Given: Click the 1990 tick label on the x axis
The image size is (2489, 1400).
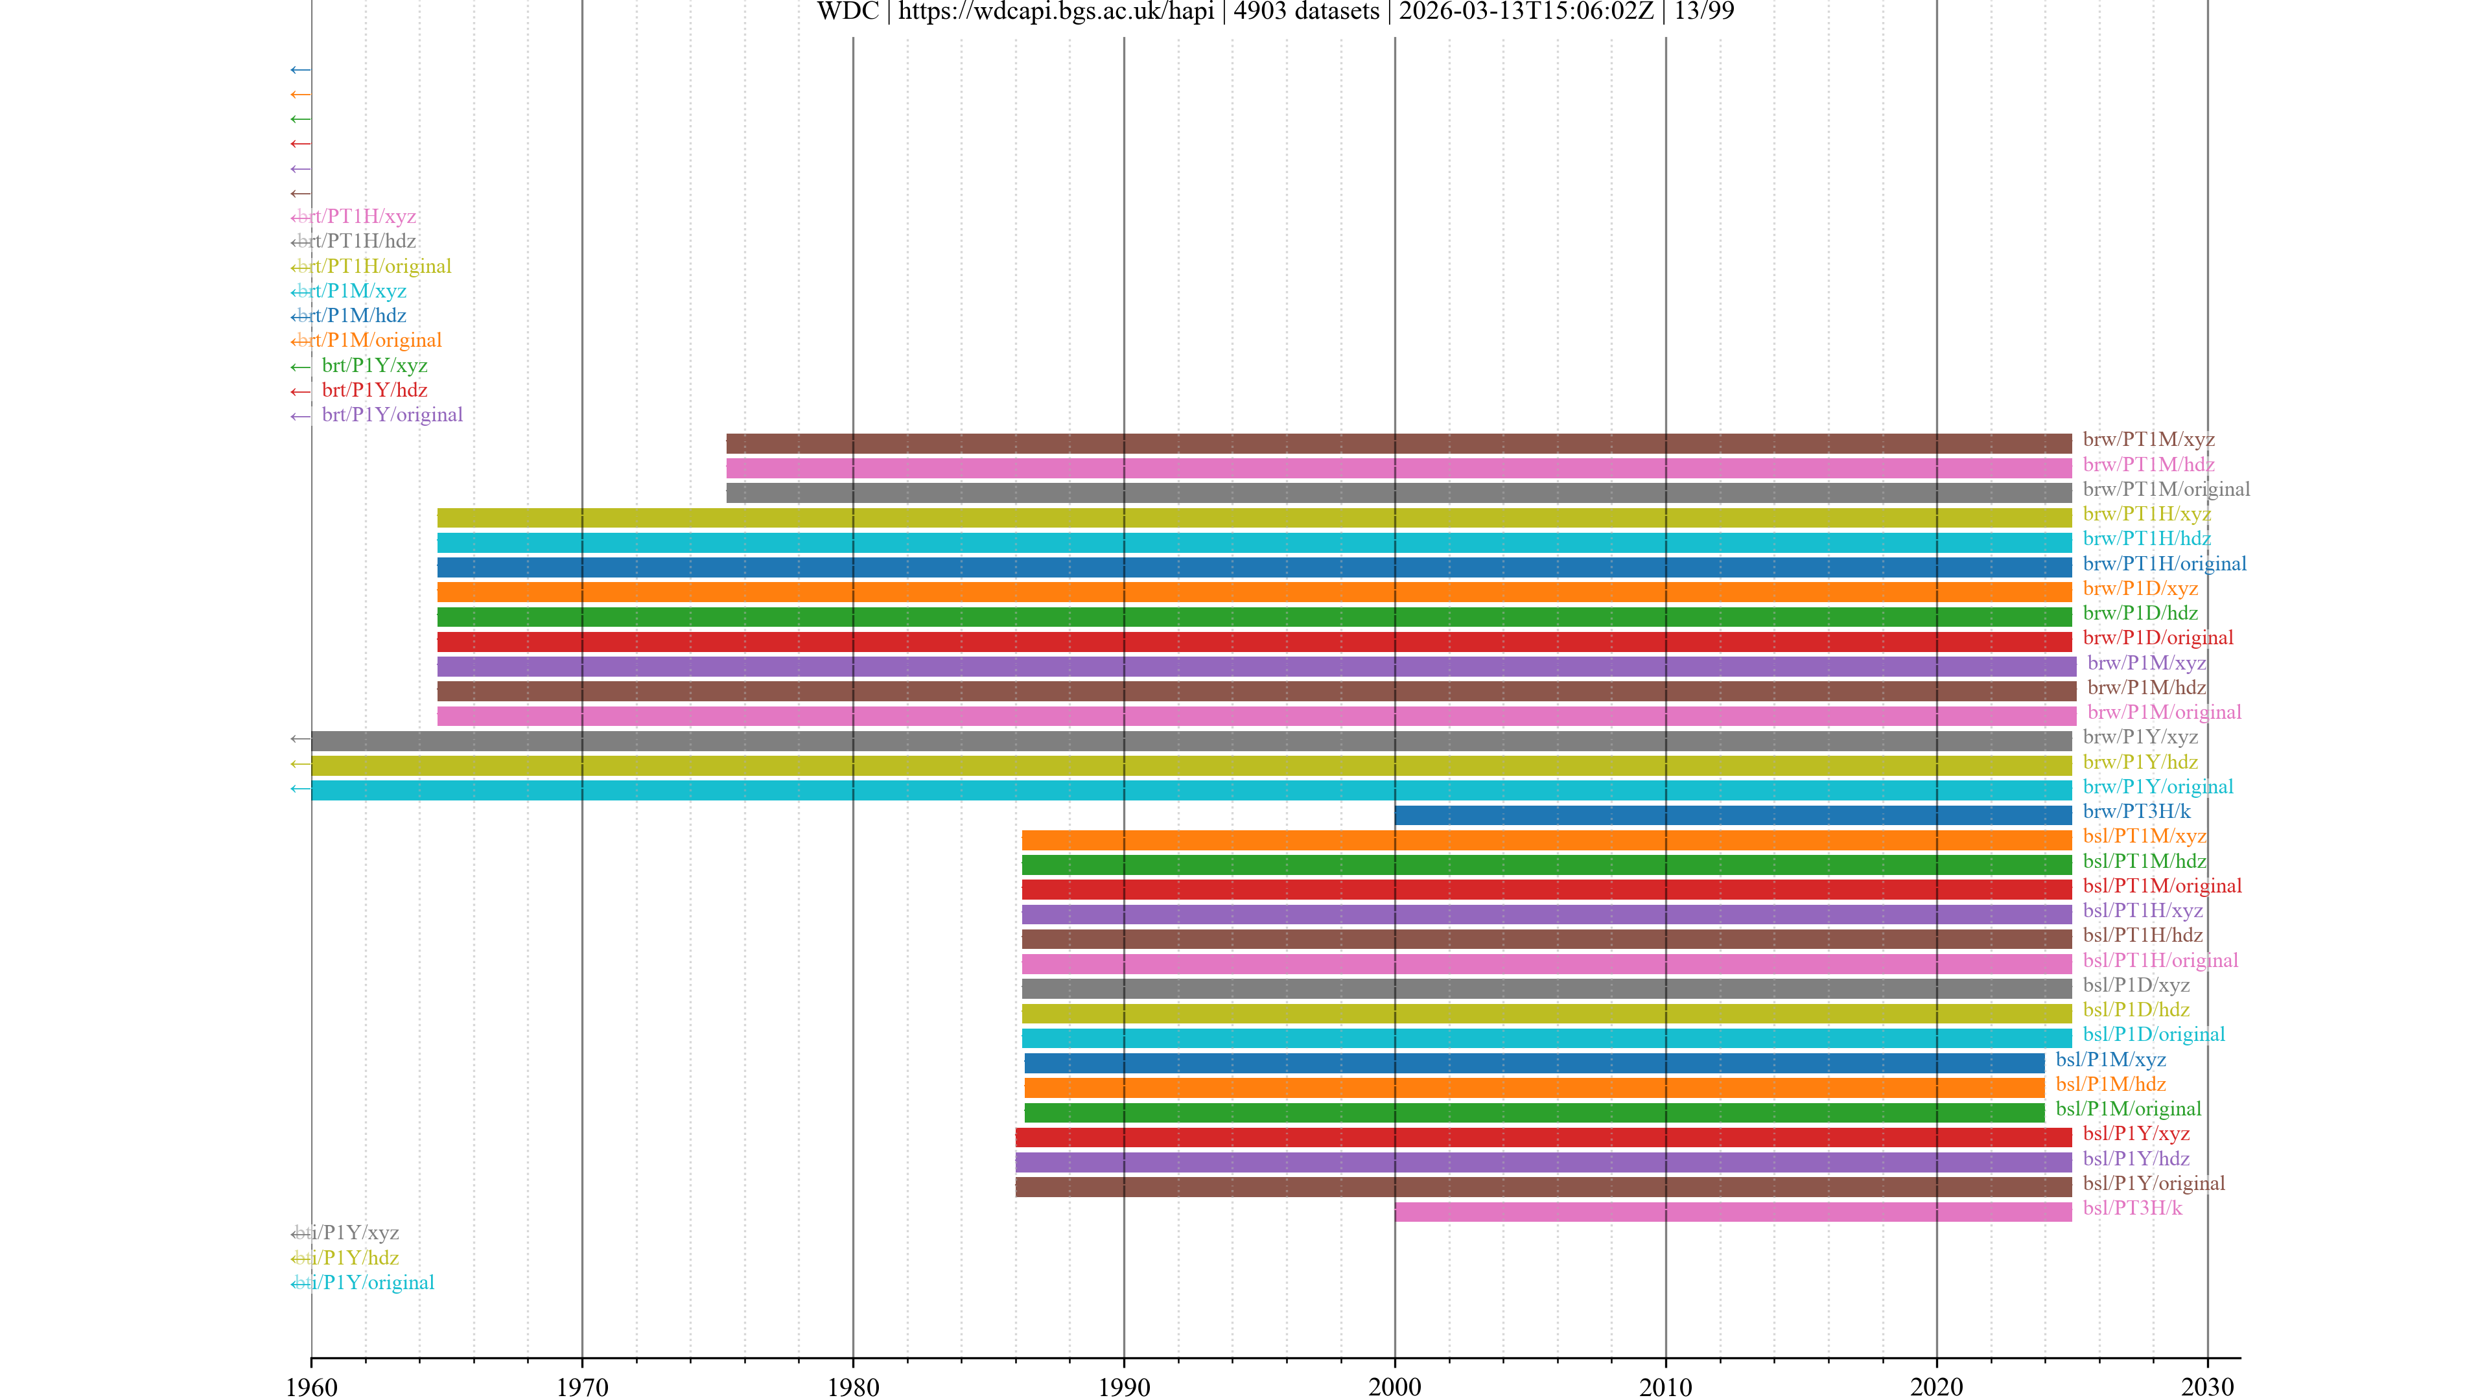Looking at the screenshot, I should [1124, 1386].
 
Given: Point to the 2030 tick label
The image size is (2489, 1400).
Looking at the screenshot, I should [2207, 1386].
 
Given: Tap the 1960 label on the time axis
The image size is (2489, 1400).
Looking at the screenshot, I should [311, 1386].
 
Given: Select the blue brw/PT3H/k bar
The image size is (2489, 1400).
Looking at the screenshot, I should [1733, 815].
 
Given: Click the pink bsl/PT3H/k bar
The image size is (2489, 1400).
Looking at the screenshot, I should [1733, 1211].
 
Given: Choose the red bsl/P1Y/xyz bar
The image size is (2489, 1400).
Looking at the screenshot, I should [1543, 1137].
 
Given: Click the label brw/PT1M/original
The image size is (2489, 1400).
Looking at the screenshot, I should [2166, 489].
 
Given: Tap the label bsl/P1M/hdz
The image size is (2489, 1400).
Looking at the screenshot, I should [2110, 1084].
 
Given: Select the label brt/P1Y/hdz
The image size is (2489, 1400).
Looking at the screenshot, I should [375, 390].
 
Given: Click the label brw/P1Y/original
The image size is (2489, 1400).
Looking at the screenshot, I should [2158, 786].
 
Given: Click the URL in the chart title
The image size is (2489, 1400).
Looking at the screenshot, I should [1056, 12].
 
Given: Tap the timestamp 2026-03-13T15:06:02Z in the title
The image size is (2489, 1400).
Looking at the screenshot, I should [1526, 12].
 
